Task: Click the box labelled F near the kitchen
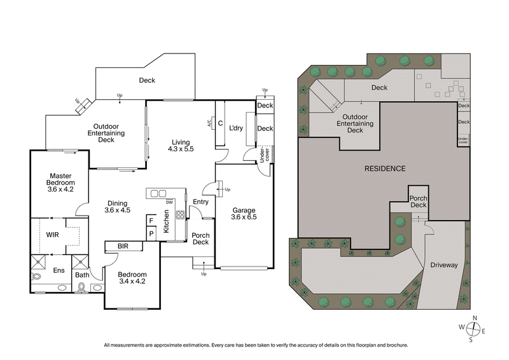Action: tap(151, 220)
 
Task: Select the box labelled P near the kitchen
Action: tap(151, 233)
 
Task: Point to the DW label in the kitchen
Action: tap(169, 202)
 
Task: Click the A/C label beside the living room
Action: tap(209, 123)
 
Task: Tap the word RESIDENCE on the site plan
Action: tap(384, 169)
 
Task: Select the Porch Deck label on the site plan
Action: tap(418, 201)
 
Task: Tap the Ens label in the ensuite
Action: tap(59, 270)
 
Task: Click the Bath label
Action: tap(81, 275)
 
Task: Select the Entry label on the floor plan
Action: tap(200, 202)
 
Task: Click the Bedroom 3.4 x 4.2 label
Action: tap(133, 279)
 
